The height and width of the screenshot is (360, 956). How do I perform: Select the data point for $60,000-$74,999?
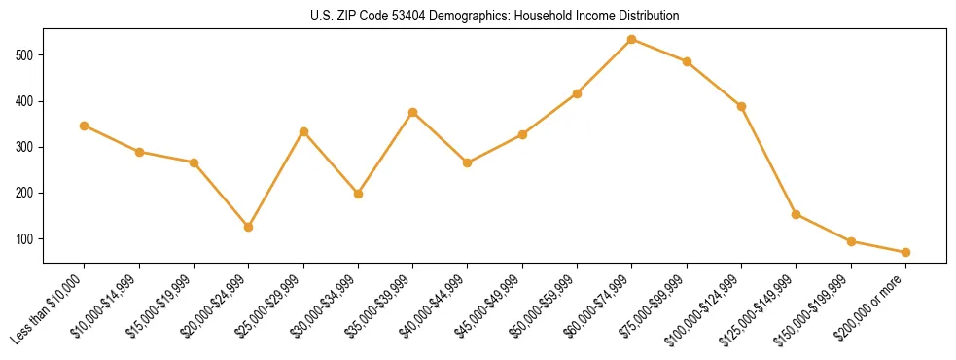point(632,39)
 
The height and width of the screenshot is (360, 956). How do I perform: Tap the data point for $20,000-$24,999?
point(249,227)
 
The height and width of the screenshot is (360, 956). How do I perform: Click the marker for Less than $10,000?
point(85,126)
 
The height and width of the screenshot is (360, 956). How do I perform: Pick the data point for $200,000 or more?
point(905,252)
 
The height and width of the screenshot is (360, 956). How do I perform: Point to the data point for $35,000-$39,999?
point(413,112)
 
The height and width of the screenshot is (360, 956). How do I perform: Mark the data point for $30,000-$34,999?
point(359,194)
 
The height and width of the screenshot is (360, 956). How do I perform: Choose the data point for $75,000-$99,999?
point(687,61)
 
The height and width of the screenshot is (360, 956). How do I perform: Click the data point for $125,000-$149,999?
point(797,214)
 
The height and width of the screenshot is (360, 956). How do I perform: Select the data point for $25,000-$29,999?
point(303,131)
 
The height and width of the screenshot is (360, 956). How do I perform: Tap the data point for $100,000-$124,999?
point(741,106)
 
